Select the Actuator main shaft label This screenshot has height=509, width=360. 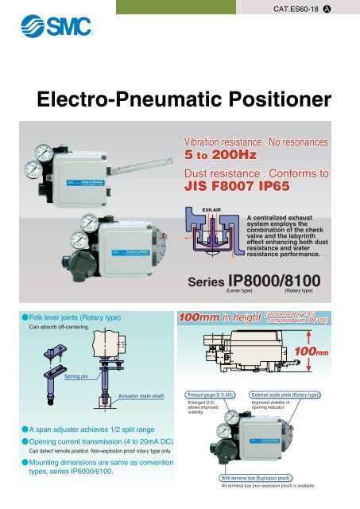[141, 394]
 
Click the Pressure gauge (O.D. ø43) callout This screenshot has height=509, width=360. [213, 394]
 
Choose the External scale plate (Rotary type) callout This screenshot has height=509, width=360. [285, 394]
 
